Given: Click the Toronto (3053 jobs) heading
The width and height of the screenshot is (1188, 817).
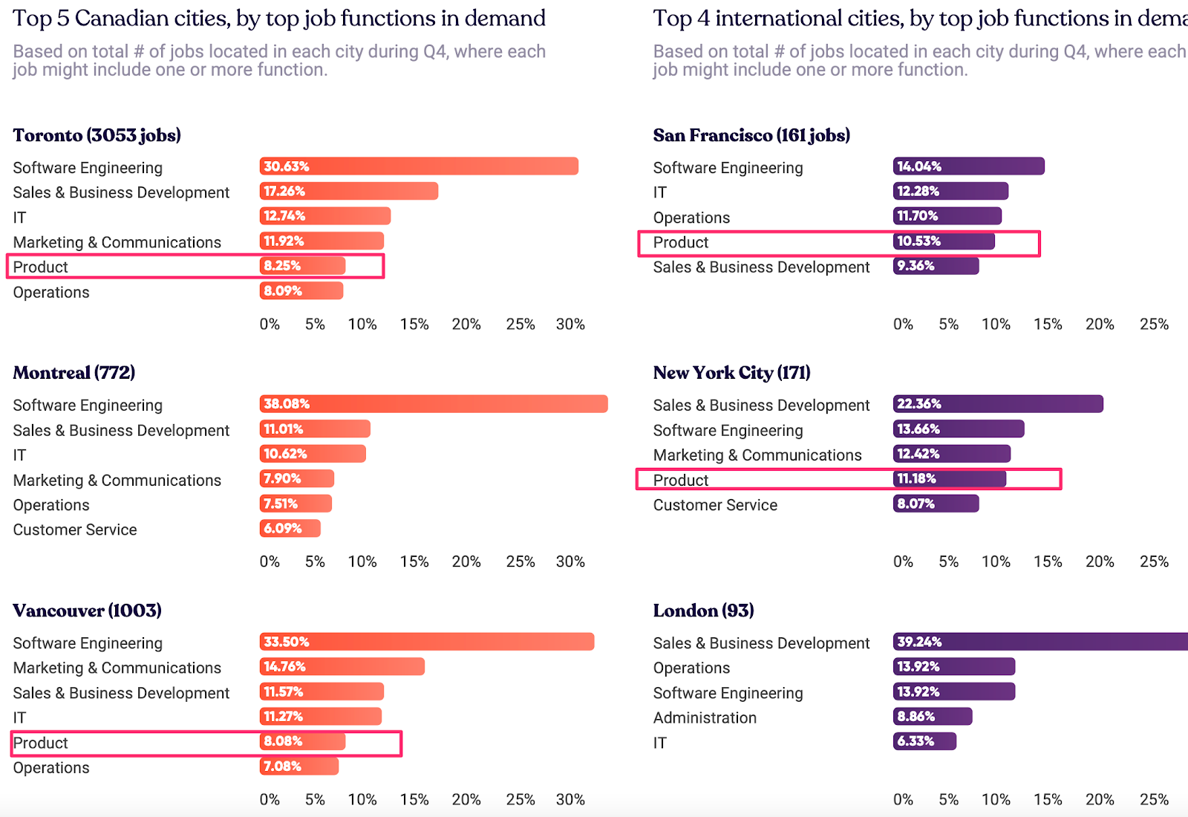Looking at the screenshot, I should pos(97,135).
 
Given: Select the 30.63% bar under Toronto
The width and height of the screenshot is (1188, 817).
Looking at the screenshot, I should pos(419,166).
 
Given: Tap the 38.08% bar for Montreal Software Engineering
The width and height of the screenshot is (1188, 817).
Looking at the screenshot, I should pos(434,404).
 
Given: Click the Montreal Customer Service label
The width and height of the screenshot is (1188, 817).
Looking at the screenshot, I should pos(75,530).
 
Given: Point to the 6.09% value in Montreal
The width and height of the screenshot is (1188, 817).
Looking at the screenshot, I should pos(283,528).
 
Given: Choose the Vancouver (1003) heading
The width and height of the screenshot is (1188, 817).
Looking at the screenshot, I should pos(87,611).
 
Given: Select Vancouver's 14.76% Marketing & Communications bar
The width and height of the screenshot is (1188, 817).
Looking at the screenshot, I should pos(342,666).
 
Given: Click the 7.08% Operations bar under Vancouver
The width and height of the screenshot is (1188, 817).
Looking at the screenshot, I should pos(299,766).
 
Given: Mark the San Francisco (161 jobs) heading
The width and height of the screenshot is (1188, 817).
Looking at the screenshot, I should pos(751,135).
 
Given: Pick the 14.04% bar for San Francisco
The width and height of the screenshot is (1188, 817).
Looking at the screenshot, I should pos(968,166).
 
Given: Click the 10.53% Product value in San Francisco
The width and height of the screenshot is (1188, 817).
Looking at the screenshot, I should pos(919,241).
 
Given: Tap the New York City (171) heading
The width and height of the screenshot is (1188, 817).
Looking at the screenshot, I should pos(731,373).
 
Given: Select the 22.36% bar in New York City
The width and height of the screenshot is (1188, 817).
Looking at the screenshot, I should pos(998,404).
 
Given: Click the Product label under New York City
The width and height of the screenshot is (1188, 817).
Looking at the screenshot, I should pos(681,480).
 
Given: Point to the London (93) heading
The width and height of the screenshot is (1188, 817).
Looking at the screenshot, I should pos(703,611).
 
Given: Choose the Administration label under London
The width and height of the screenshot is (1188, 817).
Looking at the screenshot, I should pos(705,717).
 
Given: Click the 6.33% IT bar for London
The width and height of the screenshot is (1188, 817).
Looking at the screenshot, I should pos(924,741).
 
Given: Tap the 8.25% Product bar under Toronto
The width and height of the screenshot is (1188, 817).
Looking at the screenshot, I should pos(302,266).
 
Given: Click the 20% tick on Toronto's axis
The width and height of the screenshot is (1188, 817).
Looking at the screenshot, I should pos(466,325).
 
